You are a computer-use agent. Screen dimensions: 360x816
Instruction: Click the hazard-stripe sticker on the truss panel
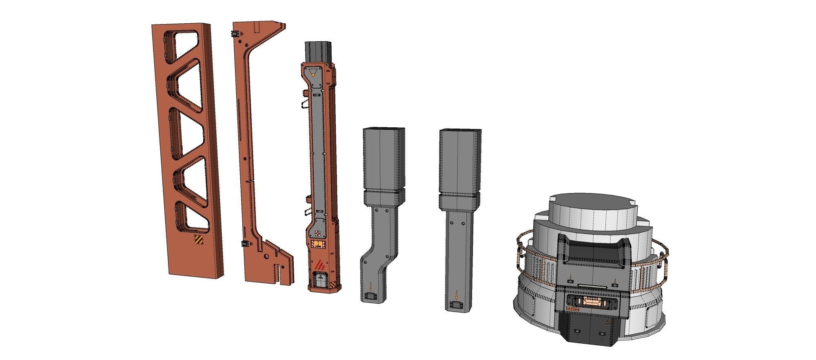pyautogui.click(x=198, y=240)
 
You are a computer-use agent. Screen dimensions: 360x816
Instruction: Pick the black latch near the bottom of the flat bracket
pyautogui.click(x=245, y=244)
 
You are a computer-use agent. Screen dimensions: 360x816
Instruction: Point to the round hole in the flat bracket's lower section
pyautogui.click(x=265, y=257)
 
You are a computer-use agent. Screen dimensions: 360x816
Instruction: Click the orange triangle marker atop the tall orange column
pyautogui.click(x=313, y=73)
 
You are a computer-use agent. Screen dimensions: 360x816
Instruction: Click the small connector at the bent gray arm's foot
pyautogui.click(x=371, y=296)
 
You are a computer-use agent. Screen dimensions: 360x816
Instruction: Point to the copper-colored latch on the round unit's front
pyautogui.click(x=590, y=302)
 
